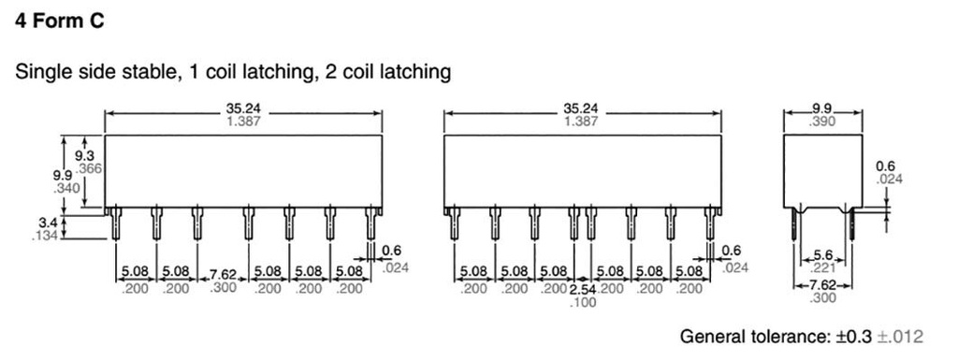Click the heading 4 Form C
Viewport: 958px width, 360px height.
[59, 21]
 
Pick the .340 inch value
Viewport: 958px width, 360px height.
[67, 188]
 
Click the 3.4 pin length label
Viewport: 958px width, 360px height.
[47, 223]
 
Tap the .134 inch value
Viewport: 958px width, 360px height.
[45, 236]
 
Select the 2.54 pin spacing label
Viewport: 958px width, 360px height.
[583, 289]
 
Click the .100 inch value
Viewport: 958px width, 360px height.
[583, 302]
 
